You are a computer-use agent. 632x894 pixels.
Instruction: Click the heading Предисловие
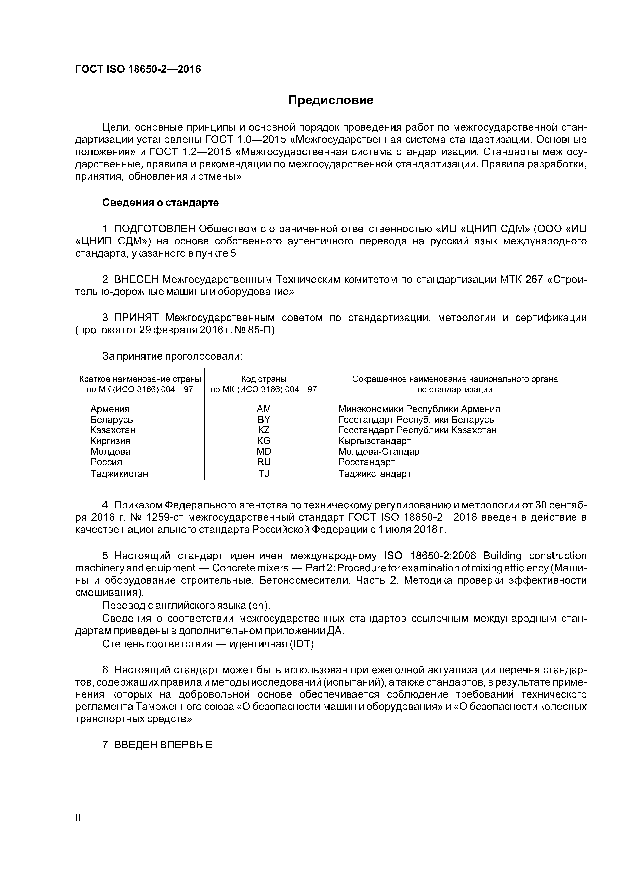pos(331,100)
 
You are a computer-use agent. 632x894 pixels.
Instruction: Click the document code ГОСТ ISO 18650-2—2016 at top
pos(138,69)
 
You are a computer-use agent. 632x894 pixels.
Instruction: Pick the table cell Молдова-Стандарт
pos(381,451)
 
